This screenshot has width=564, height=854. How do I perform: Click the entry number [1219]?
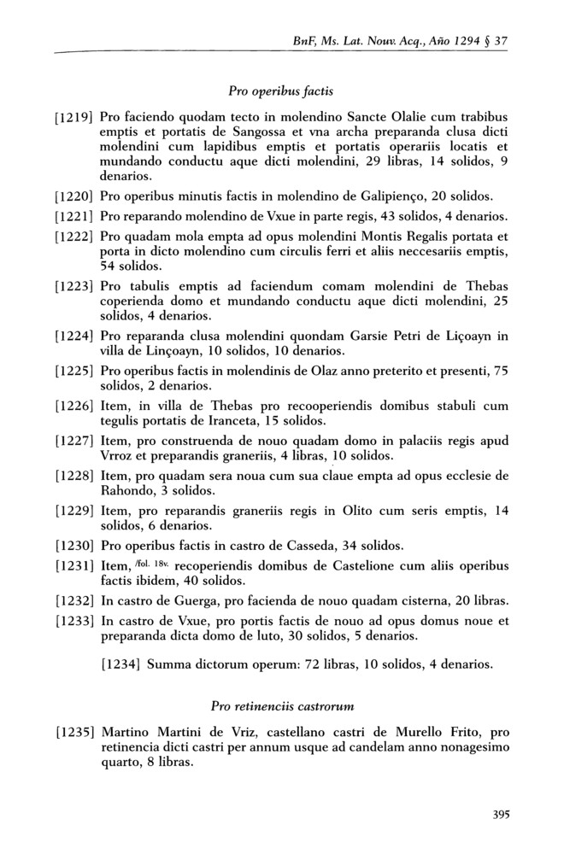[74, 116]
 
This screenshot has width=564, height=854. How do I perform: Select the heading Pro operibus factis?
[280, 90]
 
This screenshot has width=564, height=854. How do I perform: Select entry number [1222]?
[74, 236]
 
